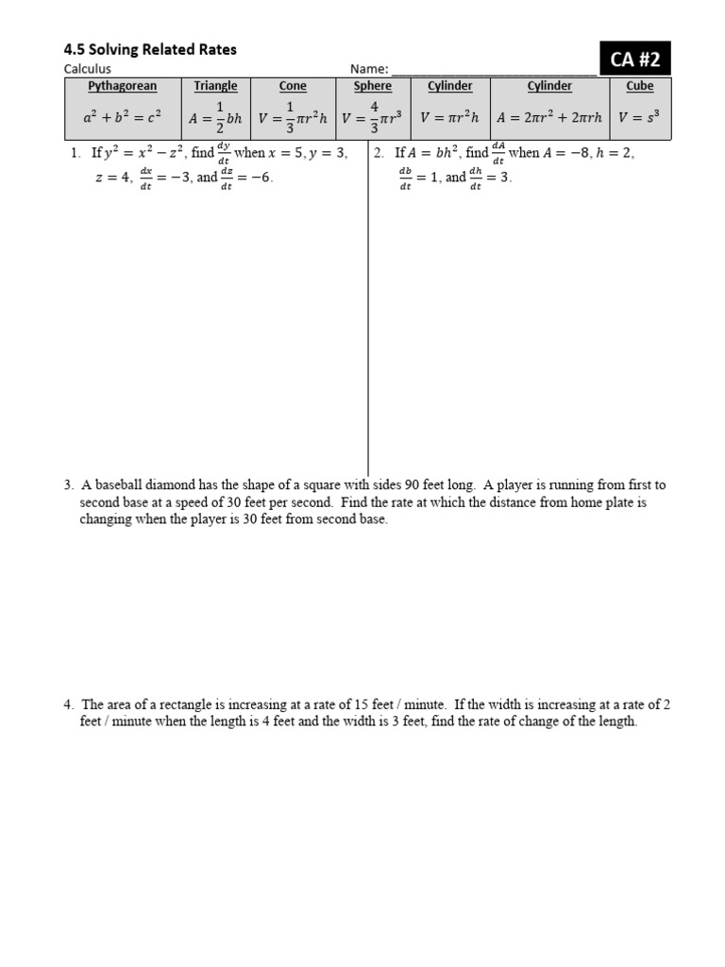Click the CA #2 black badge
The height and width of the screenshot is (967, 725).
click(635, 61)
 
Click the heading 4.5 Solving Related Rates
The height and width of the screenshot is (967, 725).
click(150, 49)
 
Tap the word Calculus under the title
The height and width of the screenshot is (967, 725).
click(87, 69)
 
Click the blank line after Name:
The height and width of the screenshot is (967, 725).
click(493, 70)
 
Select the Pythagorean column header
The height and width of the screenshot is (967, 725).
click(123, 87)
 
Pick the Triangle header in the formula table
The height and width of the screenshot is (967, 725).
click(215, 87)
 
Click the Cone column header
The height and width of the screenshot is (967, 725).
click(293, 87)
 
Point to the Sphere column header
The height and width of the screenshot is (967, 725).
click(373, 87)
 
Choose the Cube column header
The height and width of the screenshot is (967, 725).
click(640, 87)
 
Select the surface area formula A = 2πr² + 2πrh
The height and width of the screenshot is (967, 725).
click(549, 118)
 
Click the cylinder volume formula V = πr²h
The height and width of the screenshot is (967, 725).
click(450, 118)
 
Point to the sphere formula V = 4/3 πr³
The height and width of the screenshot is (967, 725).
click(373, 118)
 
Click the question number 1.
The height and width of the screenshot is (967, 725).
click(75, 153)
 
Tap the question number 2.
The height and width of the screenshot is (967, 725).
click(378, 153)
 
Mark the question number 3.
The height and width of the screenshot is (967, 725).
click(69, 485)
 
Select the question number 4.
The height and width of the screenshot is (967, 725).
click(69, 704)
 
